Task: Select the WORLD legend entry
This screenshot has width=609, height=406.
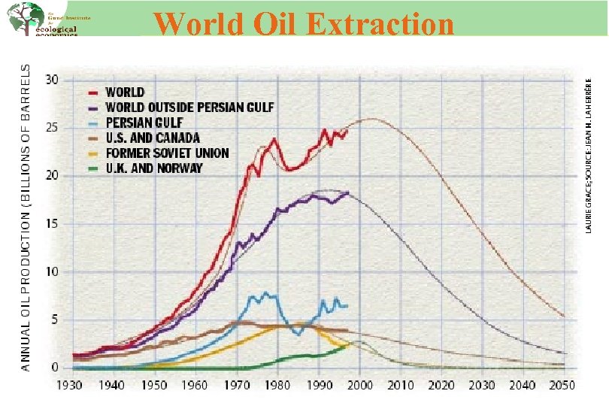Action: (125, 92)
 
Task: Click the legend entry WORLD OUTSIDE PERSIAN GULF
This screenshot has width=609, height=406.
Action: (189, 108)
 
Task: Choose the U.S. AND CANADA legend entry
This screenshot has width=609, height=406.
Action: (153, 138)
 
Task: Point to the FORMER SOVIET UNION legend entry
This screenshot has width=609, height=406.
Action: (167, 153)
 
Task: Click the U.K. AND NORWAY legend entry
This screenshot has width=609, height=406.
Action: (153, 168)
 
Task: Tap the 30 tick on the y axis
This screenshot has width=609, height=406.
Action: (52, 80)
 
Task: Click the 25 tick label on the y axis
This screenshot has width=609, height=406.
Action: (52, 128)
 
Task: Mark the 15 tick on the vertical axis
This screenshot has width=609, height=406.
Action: (52, 224)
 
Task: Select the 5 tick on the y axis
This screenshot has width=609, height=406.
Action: (55, 320)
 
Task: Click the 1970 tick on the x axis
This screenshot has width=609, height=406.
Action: (238, 385)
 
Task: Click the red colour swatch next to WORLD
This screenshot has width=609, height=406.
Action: (95, 92)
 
